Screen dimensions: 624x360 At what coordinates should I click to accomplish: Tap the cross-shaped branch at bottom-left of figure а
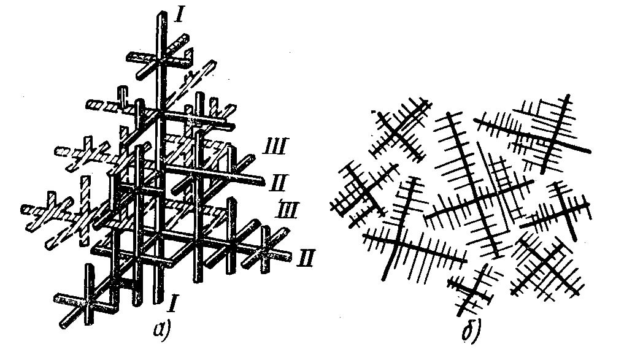[x=89, y=301]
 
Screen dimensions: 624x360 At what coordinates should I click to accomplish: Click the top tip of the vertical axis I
[x=161, y=13]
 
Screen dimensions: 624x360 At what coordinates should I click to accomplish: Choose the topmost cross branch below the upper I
[x=158, y=62]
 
